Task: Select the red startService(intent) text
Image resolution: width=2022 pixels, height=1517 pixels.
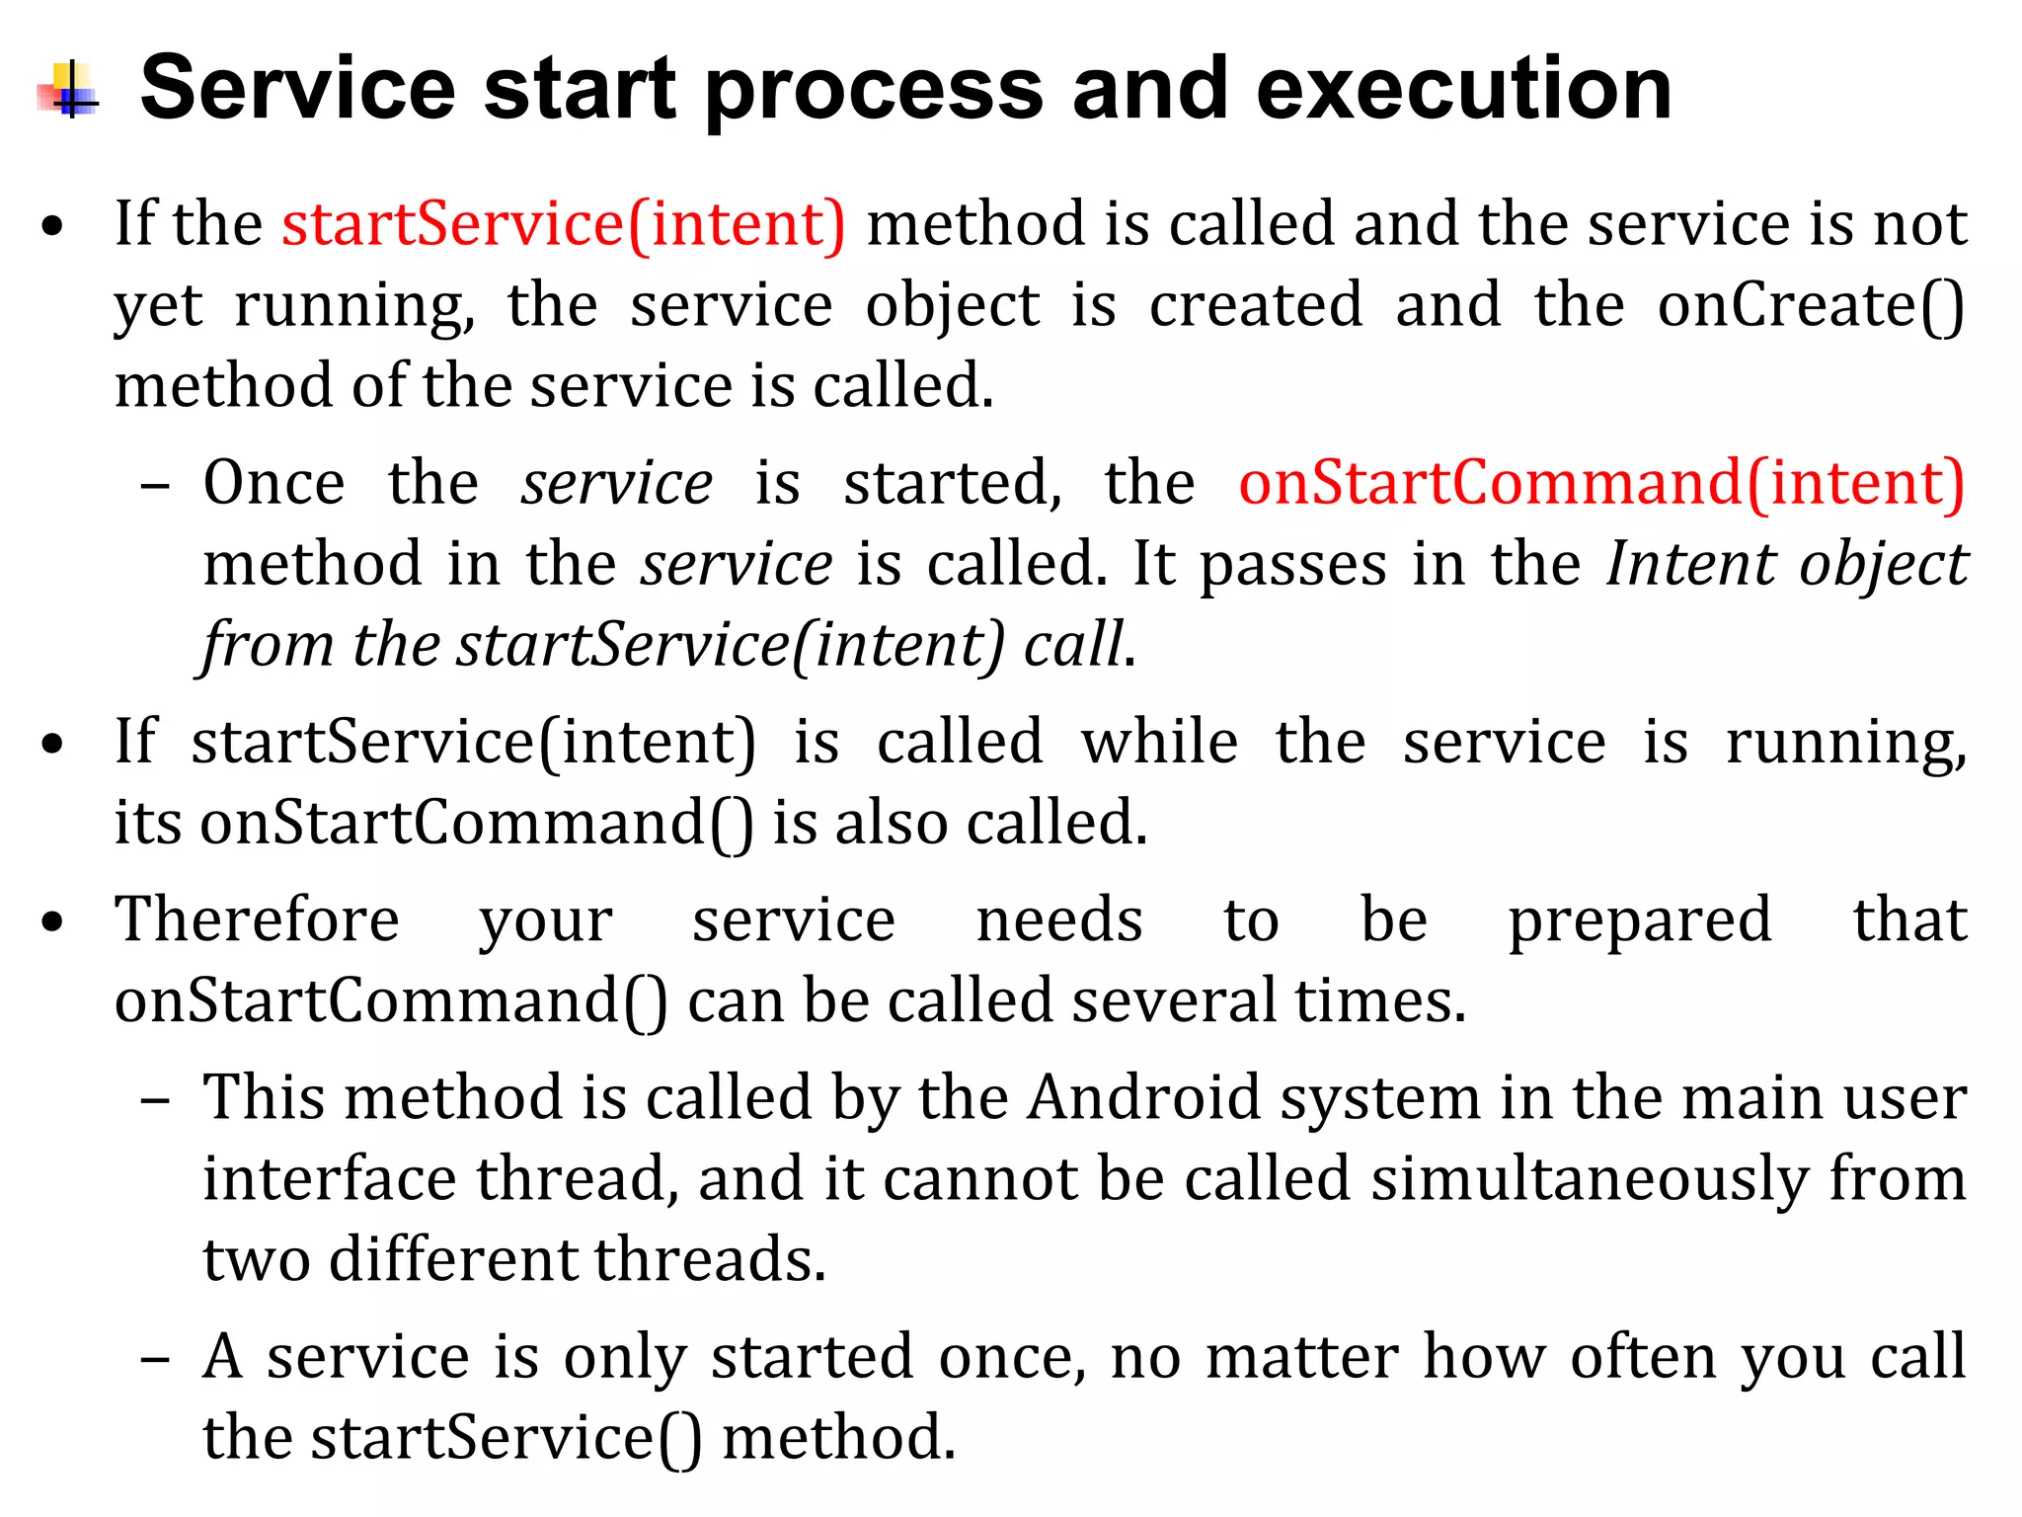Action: coord(564,224)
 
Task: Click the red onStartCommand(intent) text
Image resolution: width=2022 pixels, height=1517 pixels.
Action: coord(1601,484)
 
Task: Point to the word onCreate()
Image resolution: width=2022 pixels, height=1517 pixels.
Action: coord(1811,305)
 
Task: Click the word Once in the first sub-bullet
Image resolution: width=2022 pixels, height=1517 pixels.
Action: coord(274,484)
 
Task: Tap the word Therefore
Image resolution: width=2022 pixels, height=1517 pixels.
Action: coord(257,920)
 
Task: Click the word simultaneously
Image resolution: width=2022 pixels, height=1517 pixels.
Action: coord(1590,1179)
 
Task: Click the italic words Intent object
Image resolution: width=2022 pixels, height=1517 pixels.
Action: coord(1787,565)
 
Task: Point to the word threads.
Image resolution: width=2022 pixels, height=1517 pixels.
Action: coord(710,1260)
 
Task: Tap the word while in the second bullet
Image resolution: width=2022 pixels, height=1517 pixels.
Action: coord(1159,743)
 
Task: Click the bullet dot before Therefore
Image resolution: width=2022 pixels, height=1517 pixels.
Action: coord(53,922)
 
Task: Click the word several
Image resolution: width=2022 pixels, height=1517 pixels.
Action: coord(1174,1001)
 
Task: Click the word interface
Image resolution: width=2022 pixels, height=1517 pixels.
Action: coord(330,1179)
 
